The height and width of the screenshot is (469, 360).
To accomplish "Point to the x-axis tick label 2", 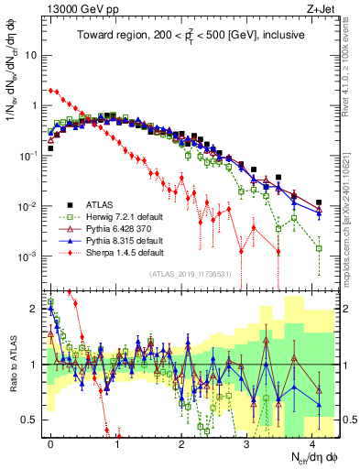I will [181, 442].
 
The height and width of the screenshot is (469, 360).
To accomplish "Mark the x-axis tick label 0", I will [51, 442].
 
